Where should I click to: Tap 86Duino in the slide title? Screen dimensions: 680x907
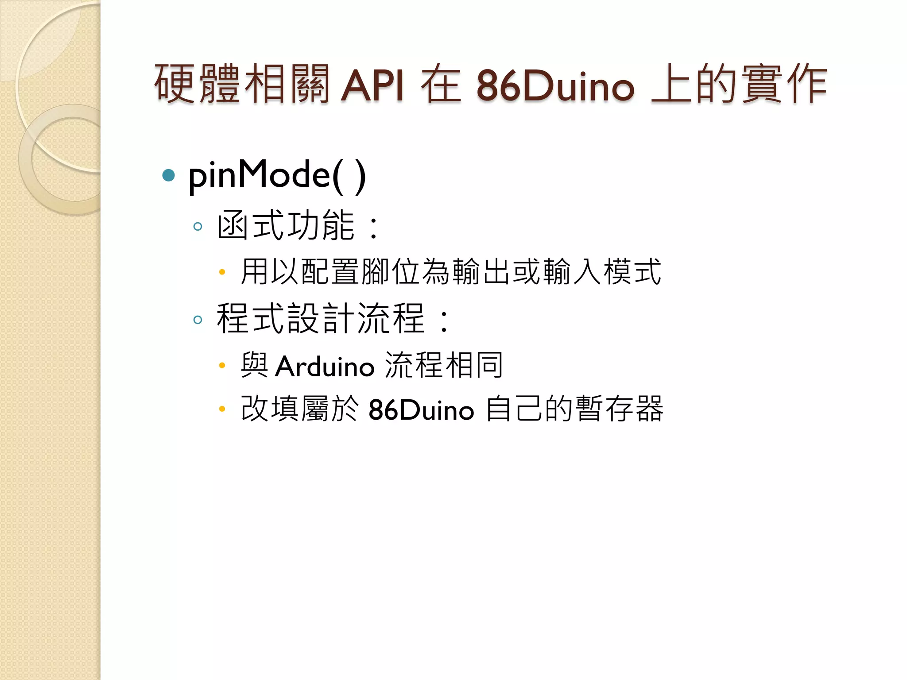coord(555,85)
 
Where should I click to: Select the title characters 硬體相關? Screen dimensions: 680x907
coord(242,84)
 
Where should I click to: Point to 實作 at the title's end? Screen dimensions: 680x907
coord(784,84)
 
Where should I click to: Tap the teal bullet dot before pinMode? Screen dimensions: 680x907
coord(169,175)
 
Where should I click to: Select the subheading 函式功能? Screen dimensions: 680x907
coord(286,226)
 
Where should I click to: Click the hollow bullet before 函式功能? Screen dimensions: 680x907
coord(198,227)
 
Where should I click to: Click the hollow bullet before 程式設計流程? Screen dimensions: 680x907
coord(198,320)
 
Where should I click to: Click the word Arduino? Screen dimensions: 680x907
coord(325,367)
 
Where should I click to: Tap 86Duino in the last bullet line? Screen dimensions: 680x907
coord(421,410)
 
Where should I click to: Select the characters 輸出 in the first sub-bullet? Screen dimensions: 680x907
coord(482,272)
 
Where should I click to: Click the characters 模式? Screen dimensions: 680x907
coord(632,272)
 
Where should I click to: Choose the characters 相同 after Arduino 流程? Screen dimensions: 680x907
coord(474,366)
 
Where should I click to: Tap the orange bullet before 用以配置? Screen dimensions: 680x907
coord(222,272)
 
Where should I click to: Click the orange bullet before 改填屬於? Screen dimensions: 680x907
coord(222,409)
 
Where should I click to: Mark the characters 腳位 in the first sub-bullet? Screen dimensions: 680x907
coord(391,272)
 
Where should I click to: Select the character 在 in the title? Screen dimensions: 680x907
coord(441,84)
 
